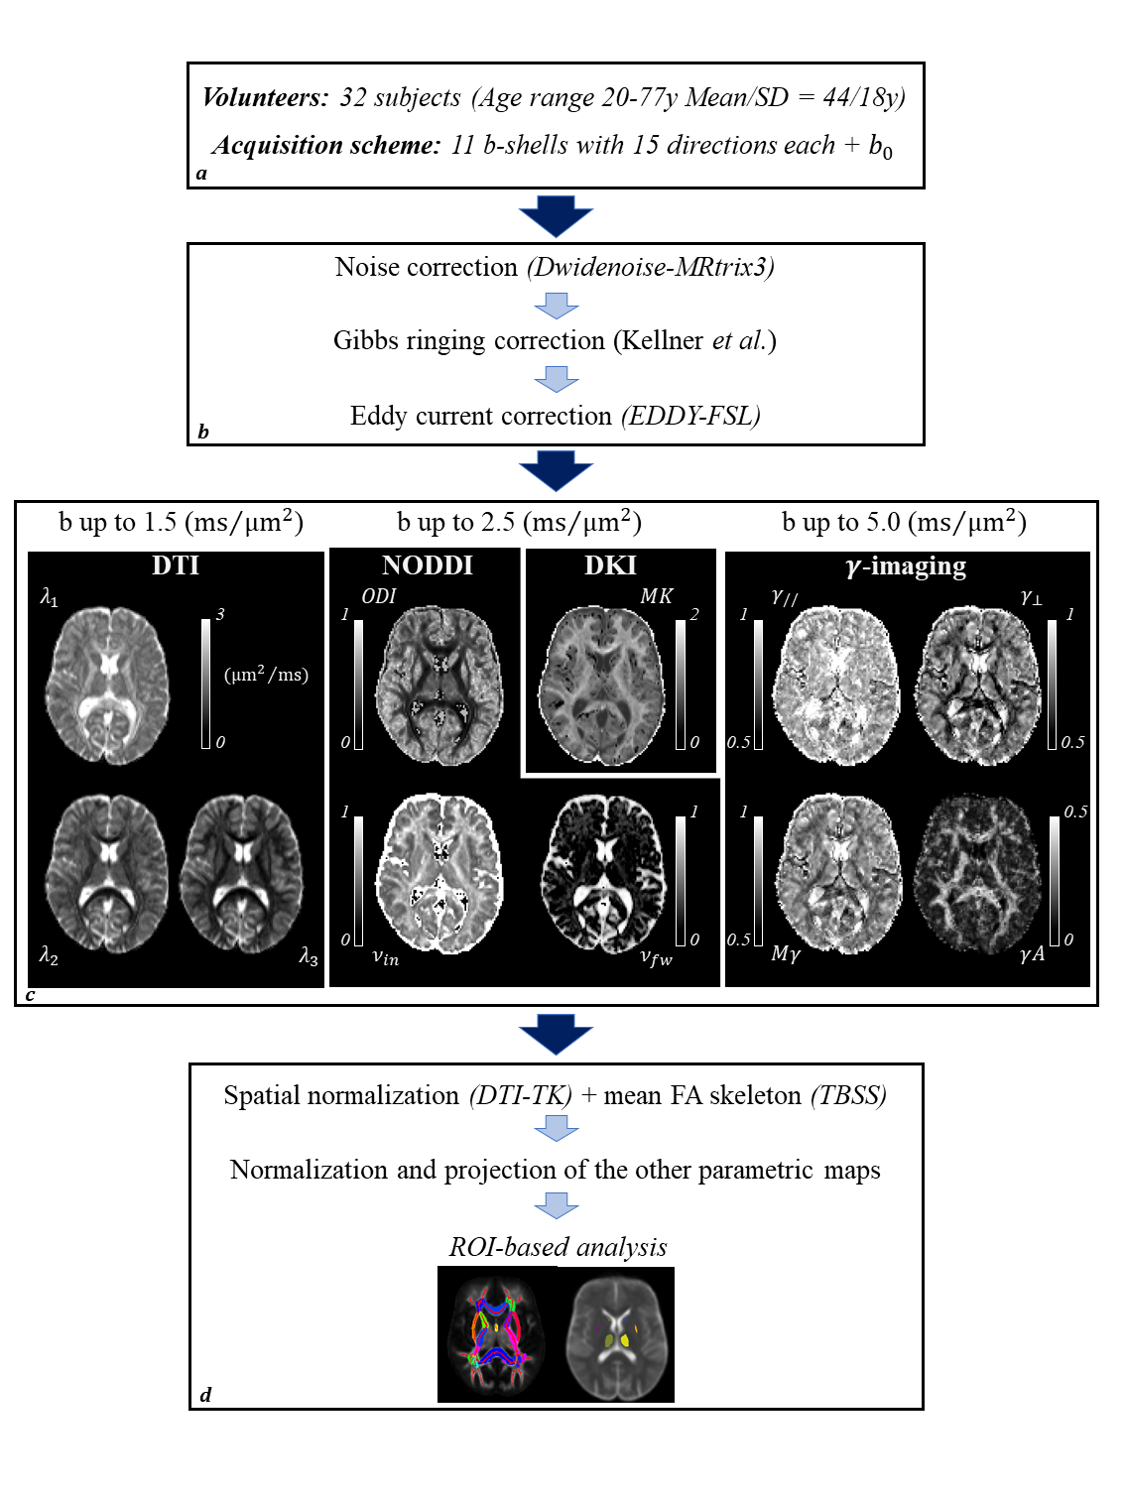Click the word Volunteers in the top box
pyautogui.click(x=264, y=97)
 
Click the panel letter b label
pyautogui.click(x=203, y=432)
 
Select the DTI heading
pyautogui.click(x=176, y=565)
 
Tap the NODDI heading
pyautogui.click(x=428, y=565)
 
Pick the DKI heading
pyautogui.click(x=610, y=565)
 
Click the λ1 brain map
pyautogui.click(x=107, y=685)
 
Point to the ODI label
pyautogui.click(x=378, y=596)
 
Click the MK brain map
pyautogui.click(x=602, y=686)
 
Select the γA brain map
pyautogui.click(x=977, y=873)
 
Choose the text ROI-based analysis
pyautogui.click(x=558, y=1247)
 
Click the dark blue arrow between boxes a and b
pyautogui.click(x=556, y=215)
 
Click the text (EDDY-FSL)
pyautogui.click(x=691, y=416)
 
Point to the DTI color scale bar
pyautogui.click(x=206, y=683)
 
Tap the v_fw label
pyautogui.click(x=656, y=957)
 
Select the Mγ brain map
pyautogui.click(x=839, y=873)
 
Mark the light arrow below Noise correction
pyautogui.click(x=556, y=305)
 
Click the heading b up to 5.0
pyautogui.click(x=904, y=522)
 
